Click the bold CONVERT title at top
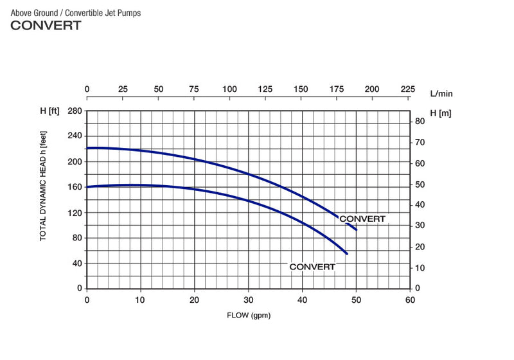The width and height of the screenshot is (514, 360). [46, 26]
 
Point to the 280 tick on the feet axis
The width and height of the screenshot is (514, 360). [75, 111]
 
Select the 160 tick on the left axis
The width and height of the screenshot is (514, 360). [75, 187]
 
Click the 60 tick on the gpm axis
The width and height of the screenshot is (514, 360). [410, 299]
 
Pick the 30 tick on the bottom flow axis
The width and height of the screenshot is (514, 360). [248, 299]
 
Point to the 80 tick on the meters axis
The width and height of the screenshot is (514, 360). [420, 122]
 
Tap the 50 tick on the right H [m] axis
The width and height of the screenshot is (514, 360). [420, 184]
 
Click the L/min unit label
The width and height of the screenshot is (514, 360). [441, 93]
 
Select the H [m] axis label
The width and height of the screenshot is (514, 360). [441, 113]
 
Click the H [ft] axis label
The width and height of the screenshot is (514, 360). [49, 112]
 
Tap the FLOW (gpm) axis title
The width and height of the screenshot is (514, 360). [247, 316]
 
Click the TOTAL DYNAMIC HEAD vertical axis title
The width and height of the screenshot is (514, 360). [44, 186]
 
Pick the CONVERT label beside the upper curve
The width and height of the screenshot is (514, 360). [362, 219]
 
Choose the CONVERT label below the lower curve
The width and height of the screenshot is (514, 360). [312, 266]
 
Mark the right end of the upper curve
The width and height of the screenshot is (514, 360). [356, 230]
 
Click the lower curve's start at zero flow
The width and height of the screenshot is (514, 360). [87, 187]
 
